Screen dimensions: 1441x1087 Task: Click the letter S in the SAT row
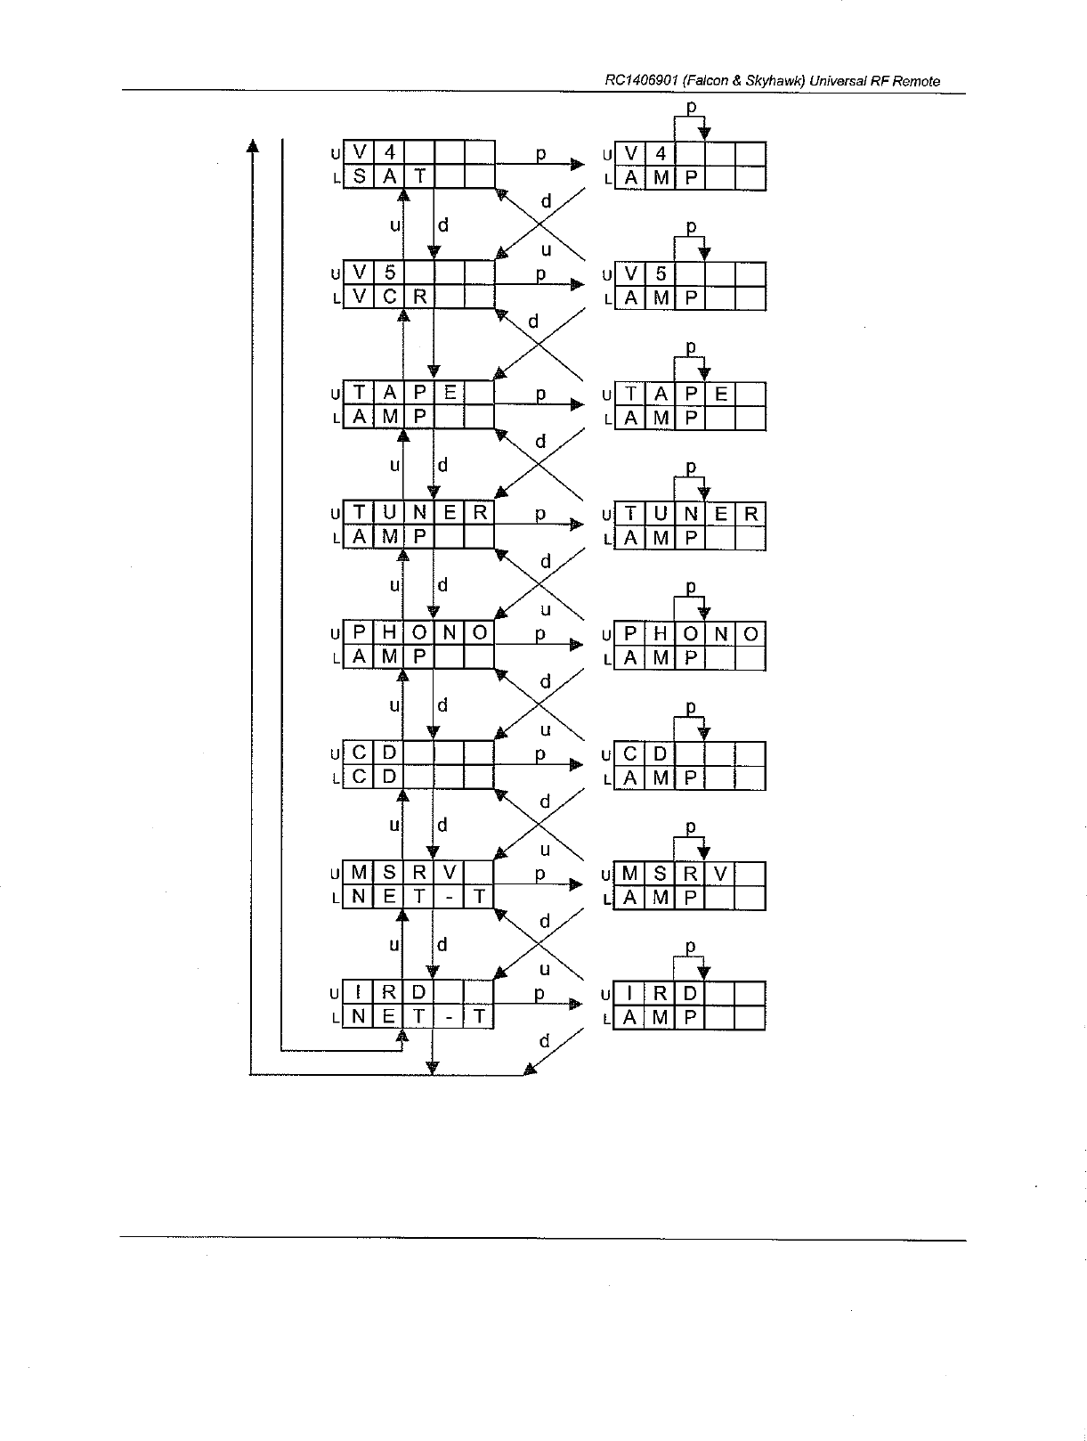(x=359, y=177)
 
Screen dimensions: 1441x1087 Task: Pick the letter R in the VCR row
(x=419, y=297)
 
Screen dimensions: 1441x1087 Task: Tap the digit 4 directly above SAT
(x=389, y=153)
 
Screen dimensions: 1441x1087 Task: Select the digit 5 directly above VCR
(x=389, y=273)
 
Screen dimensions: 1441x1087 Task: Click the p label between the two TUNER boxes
(x=540, y=514)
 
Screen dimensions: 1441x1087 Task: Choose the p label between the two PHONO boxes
(x=540, y=634)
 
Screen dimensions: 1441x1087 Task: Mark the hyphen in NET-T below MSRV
(x=450, y=897)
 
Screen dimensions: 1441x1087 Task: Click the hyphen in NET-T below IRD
(x=450, y=1017)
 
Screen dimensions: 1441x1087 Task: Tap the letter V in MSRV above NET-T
(x=450, y=874)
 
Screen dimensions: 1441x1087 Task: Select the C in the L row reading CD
(x=359, y=777)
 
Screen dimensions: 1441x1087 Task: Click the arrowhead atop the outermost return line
(x=253, y=145)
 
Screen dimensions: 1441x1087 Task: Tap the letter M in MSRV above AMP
(x=630, y=874)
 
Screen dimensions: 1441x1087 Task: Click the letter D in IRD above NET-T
(x=419, y=993)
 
